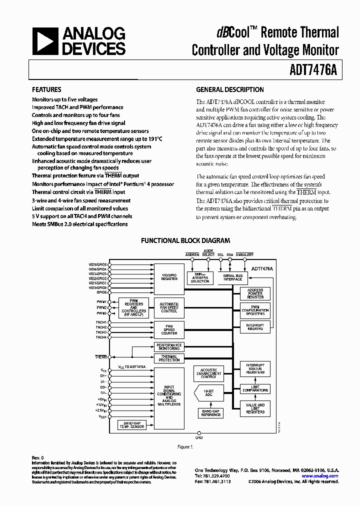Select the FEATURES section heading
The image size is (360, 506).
[46, 90]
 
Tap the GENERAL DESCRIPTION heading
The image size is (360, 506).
[229, 90]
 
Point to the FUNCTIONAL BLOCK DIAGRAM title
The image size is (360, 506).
[185, 240]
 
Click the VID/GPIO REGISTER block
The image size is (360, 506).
[169, 277]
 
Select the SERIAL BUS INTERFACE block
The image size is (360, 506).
[232, 278]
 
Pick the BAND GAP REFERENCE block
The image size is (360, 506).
[210, 413]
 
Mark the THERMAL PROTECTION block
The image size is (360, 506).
[169, 358]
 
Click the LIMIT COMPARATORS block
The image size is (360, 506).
[255, 388]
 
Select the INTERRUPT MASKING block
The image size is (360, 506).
[255, 326]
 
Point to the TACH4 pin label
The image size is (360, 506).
[101, 337]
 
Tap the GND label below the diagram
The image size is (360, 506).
[200, 437]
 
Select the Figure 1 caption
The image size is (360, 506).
[184, 446]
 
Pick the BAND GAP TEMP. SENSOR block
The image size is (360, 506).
[132, 425]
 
